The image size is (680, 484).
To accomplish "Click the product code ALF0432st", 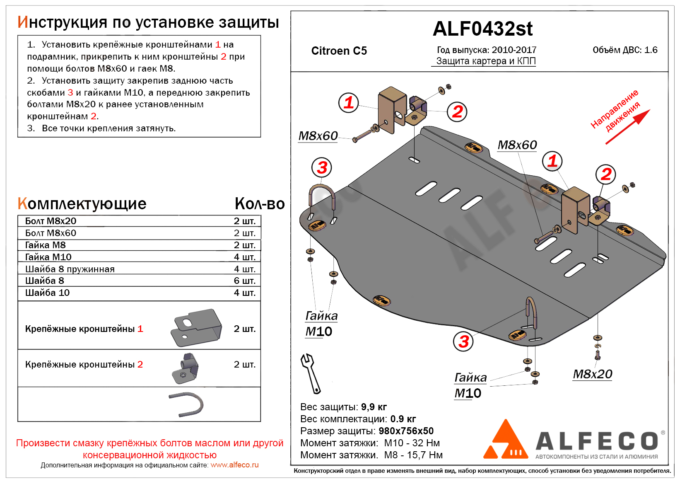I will click(482, 29).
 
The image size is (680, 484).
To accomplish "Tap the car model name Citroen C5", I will click(339, 51).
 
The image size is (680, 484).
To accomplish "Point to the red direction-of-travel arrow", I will click(627, 127).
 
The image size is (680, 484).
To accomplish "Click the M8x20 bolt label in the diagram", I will click(592, 374).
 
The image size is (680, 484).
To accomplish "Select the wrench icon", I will click(310, 373).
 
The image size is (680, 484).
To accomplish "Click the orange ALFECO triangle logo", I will click(506, 441).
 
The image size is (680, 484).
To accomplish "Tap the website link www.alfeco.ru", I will click(234, 465).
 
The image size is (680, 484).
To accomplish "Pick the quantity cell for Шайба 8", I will click(244, 281).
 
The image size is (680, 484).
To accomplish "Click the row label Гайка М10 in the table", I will click(48, 257).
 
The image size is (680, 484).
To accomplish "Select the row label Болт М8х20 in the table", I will click(51, 221).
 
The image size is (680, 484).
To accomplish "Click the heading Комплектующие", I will click(82, 204).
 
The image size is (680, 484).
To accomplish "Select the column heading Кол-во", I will click(260, 204).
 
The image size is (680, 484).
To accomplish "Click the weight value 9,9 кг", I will click(374, 407).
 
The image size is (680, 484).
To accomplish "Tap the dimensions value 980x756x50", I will click(406, 431).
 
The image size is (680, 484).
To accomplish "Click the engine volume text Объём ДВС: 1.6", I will click(625, 50).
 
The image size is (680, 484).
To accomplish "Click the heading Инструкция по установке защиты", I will click(148, 22).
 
